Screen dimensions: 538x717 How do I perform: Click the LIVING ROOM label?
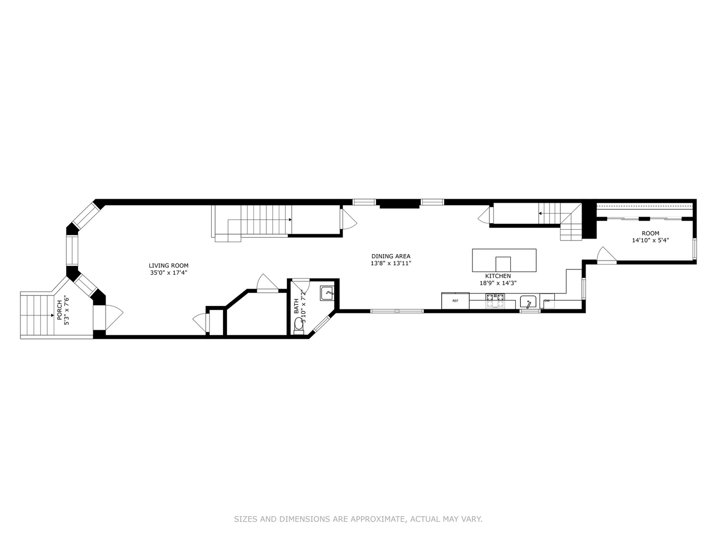[169, 266]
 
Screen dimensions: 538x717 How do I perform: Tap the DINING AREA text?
[391, 256]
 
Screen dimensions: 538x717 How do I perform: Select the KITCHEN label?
[498, 276]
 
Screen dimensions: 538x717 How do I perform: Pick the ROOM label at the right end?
[650, 233]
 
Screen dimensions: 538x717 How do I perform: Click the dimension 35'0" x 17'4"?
[169, 272]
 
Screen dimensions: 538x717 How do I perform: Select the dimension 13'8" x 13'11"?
[391, 263]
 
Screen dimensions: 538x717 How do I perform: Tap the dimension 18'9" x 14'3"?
[498, 283]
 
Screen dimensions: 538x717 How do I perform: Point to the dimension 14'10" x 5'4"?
[650, 240]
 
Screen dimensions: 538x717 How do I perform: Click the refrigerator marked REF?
[455, 301]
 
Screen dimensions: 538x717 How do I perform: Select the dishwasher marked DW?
[547, 301]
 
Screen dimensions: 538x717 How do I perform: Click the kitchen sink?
[528, 302]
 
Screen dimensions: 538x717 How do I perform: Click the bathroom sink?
[327, 293]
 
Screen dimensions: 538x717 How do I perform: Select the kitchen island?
[504, 260]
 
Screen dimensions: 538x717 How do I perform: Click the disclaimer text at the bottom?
[358, 519]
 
